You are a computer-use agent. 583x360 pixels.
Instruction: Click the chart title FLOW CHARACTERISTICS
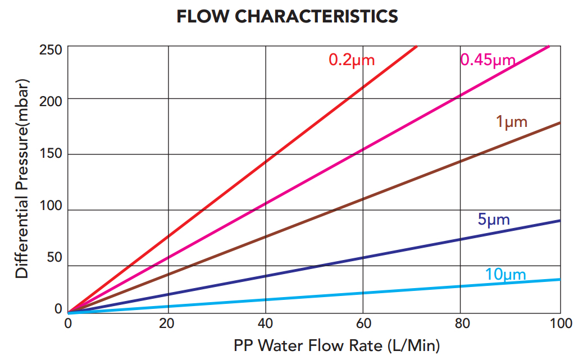[x=287, y=17]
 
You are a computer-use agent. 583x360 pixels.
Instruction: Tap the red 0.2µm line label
[x=351, y=60]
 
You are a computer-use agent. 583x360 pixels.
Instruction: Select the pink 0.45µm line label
[x=487, y=60]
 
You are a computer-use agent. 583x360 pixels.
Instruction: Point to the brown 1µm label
[x=511, y=121]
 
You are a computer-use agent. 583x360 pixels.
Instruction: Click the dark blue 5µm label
[x=494, y=220]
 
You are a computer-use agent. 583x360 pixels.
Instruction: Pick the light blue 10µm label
[x=505, y=275]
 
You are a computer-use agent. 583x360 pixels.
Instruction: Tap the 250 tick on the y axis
[x=51, y=49]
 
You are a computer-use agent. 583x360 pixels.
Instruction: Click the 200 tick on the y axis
[x=51, y=103]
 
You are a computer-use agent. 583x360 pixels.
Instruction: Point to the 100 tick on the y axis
[x=51, y=206]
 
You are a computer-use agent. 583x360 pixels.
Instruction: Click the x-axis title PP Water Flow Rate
[x=336, y=345]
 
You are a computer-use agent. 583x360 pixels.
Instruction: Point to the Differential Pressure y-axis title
[x=22, y=178]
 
